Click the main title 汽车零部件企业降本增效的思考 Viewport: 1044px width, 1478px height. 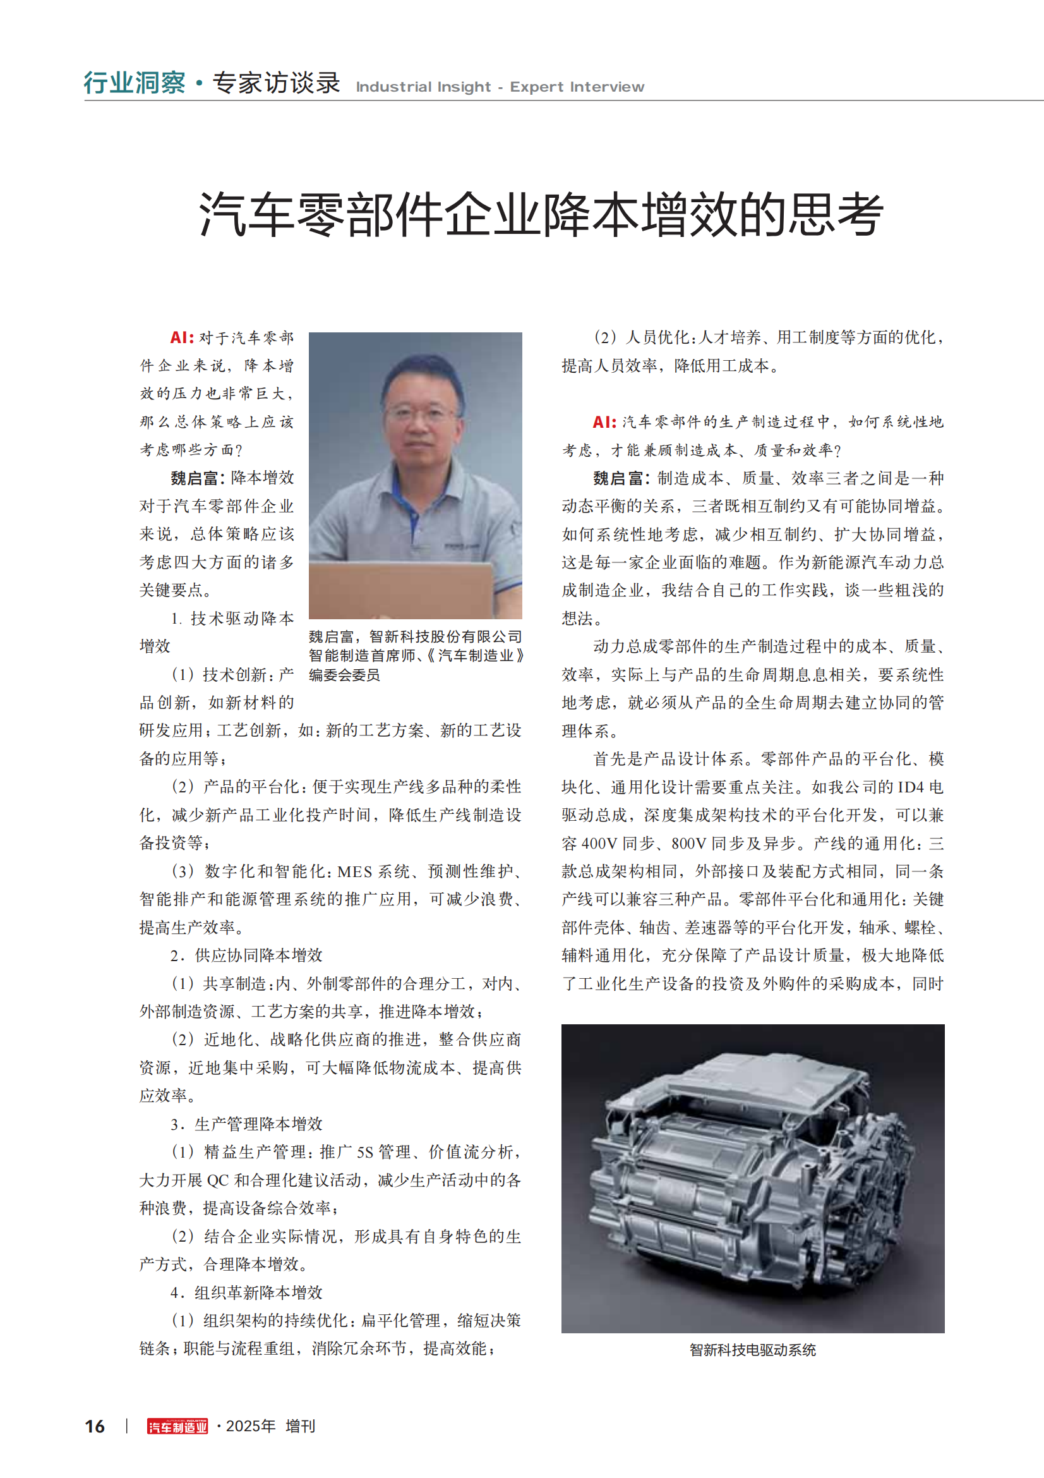click(x=541, y=214)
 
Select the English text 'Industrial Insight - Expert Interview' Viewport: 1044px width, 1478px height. click(x=500, y=87)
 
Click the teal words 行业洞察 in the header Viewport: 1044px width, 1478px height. click(x=135, y=83)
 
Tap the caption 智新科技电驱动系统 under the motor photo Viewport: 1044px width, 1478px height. click(x=752, y=1350)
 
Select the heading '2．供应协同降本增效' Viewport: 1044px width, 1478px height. click(x=246, y=955)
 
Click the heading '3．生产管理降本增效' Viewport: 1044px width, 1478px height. click(x=246, y=1124)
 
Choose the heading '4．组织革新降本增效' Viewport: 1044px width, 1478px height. click(x=246, y=1293)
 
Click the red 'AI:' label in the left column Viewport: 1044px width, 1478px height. click(x=182, y=337)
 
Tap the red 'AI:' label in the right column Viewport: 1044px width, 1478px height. click(x=604, y=421)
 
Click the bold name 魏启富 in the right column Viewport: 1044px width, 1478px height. click(x=618, y=478)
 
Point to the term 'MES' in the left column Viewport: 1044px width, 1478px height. click(x=354, y=871)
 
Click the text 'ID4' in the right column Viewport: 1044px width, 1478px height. click(x=910, y=787)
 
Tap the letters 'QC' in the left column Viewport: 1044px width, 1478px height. click(x=217, y=1180)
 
